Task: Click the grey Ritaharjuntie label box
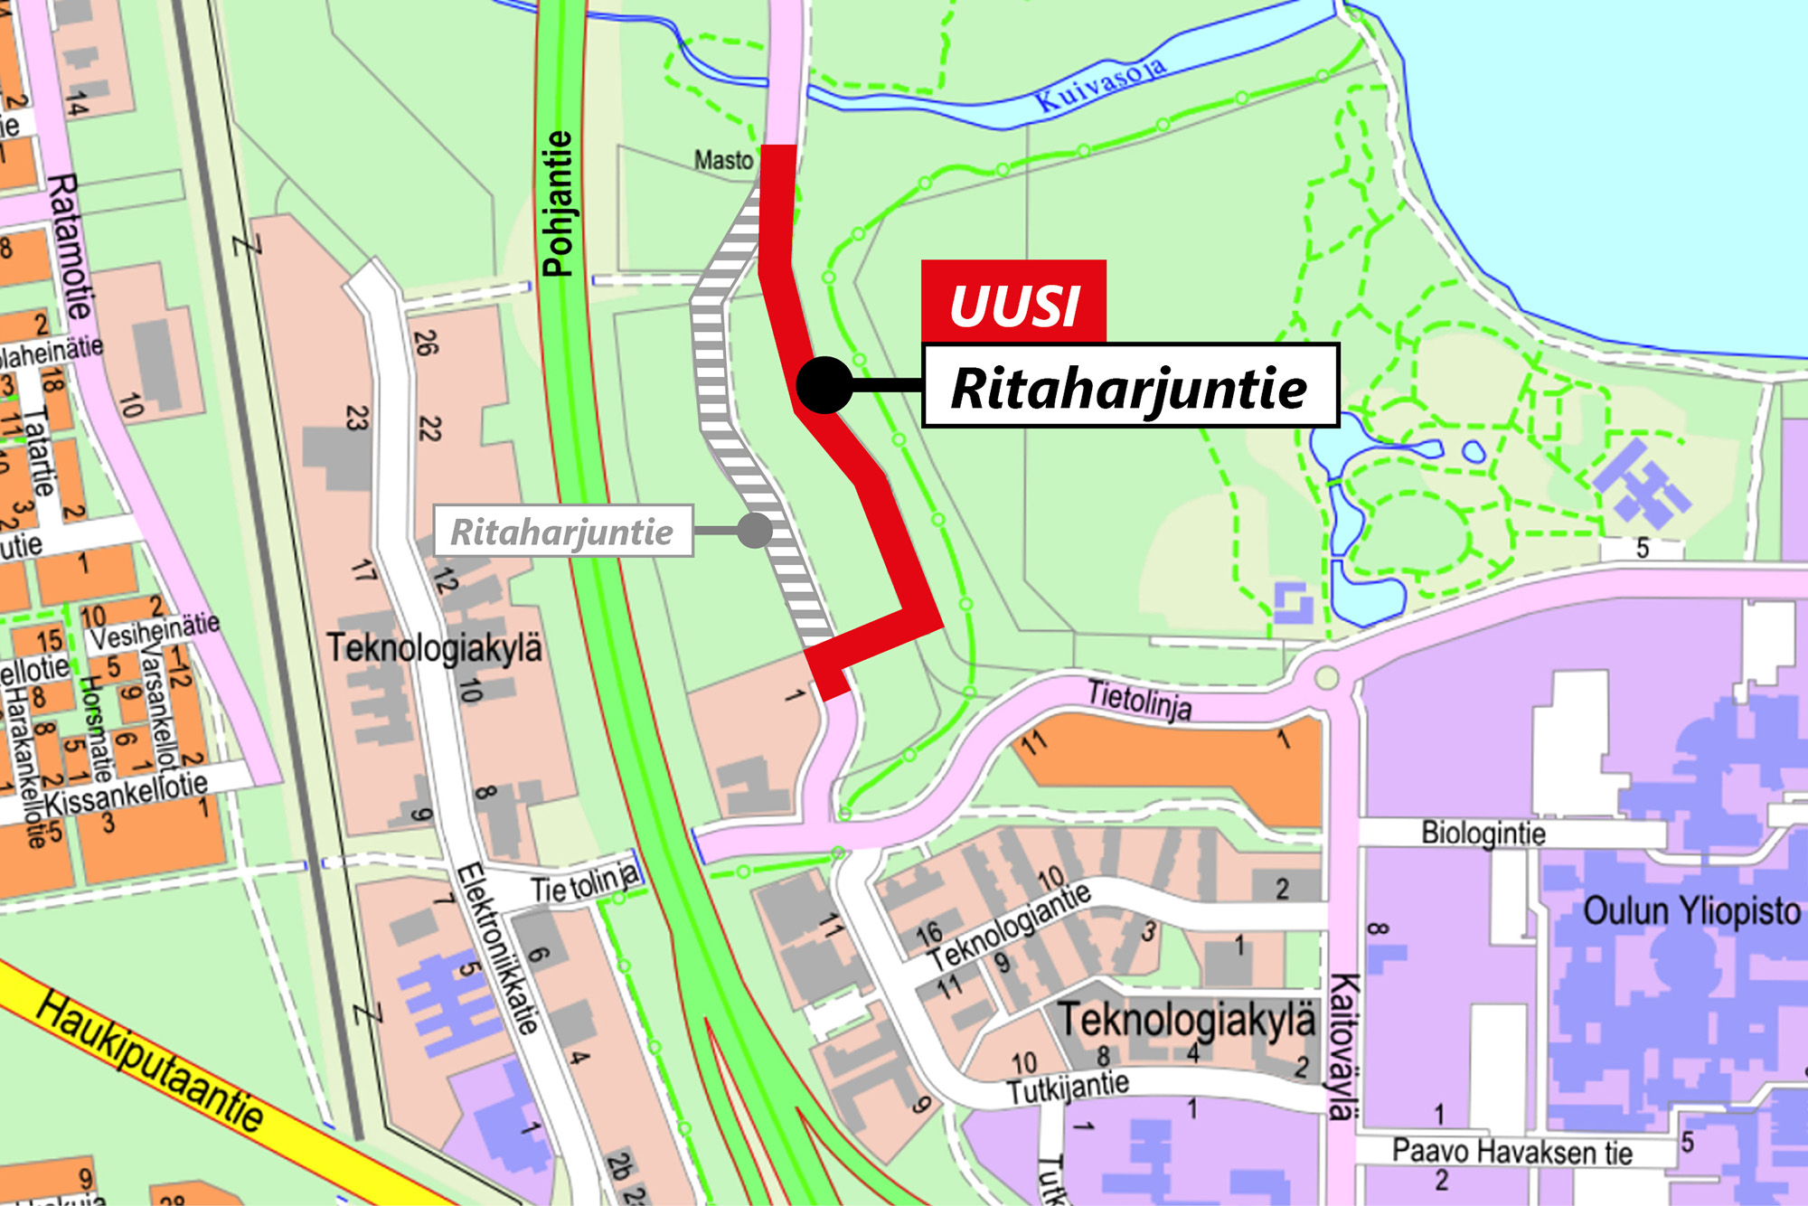click(x=562, y=531)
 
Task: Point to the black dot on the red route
click(x=824, y=386)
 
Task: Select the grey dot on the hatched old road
click(x=754, y=531)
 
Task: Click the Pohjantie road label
click(x=558, y=203)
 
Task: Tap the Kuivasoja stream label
click(x=1100, y=84)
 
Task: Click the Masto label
click(x=723, y=160)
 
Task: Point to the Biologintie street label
click(x=1483, y=832)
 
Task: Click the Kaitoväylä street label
click(x=1342, y=1046)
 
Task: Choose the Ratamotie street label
click(x=70, y=246)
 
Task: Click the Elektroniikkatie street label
click(x=496, y=948)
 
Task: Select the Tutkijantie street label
click(x=1069, y=1088)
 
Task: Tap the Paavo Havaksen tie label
click(x=1511, y=1152)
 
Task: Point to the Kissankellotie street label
click(x=127, y=793)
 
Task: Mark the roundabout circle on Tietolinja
click(x=1326, y=677)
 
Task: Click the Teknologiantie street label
click(x=1011, y=927)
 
